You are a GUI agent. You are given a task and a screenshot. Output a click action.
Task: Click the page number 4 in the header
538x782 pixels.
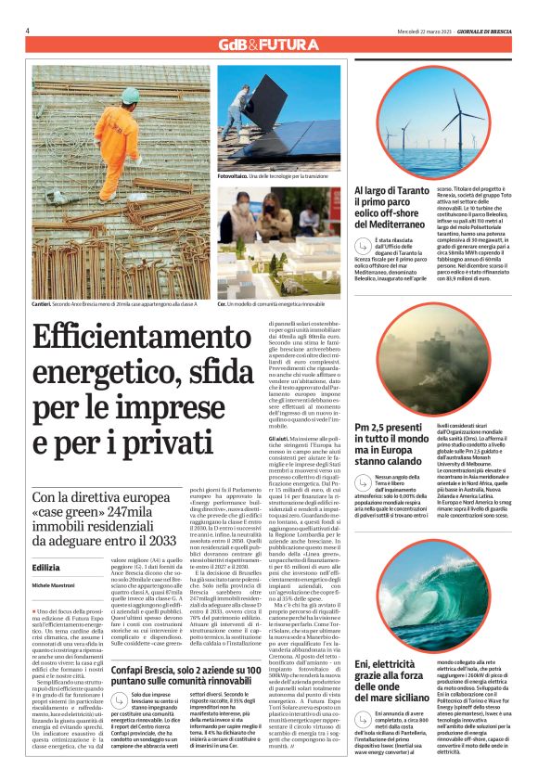point(27,30)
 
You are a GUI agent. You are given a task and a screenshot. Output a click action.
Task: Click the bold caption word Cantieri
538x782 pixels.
point(41,304)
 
